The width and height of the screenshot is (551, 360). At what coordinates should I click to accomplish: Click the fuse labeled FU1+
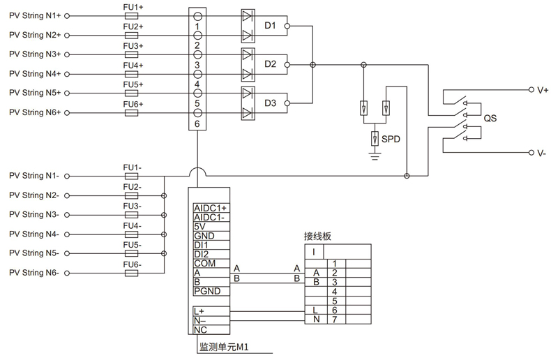[x=133, y=15]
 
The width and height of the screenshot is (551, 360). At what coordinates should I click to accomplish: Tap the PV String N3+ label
[x=35, y=54]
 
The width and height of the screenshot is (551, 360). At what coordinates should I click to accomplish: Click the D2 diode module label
[x=270, y=65]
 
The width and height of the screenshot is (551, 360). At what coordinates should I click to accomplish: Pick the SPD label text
[x=391, y=139]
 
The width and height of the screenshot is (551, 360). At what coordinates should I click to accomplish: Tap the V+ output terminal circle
[x=531, y=89]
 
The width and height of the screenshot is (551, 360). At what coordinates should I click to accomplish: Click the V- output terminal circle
[x=531, y=153]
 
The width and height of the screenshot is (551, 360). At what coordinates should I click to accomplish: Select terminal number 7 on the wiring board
[x=335, y=320]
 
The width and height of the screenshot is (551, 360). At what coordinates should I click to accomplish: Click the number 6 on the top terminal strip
[x=198, y=124]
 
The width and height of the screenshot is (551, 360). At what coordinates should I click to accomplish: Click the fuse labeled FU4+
[x=133, y=73]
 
